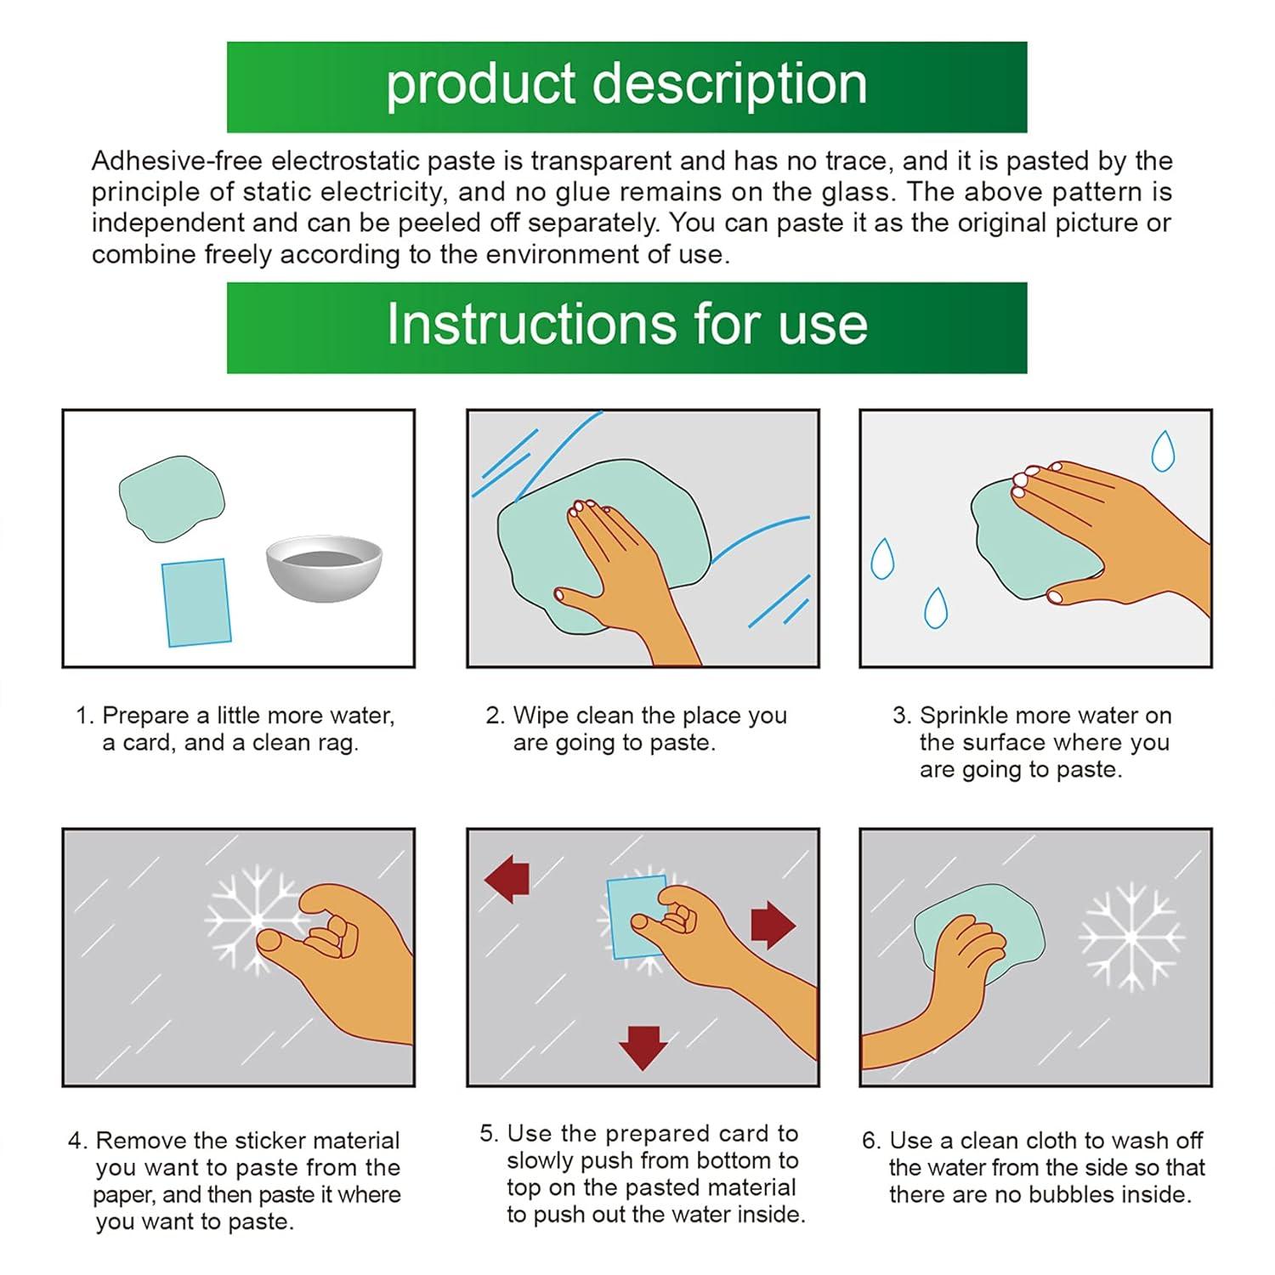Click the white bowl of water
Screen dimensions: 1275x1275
coord(324,568)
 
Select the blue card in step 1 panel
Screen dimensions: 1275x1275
coord(195,602)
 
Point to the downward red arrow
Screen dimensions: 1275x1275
coord(643,1047)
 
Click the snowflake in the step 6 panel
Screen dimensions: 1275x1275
coord(1130,936)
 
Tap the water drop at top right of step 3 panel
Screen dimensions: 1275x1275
coord(1162,451)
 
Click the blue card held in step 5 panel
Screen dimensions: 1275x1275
coord(637,917)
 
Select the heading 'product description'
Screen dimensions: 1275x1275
coord(626,84)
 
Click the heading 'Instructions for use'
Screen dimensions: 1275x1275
coord(627,324)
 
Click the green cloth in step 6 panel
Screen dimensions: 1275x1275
coord(978,936)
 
